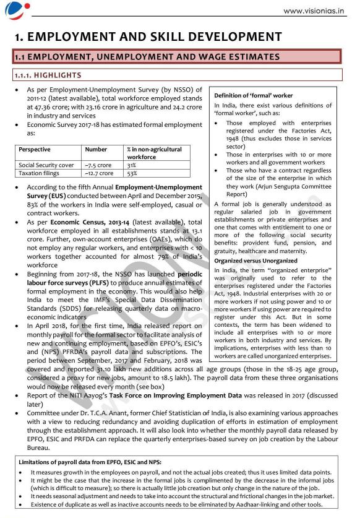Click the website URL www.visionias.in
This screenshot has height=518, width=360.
[x=314, y=11]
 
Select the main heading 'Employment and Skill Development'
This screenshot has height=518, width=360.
[x=148, y=37]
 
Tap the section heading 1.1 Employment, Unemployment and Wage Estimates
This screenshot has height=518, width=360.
[x=147, y=57]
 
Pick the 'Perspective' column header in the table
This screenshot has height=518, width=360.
[x=35, y=149]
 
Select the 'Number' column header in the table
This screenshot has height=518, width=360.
[x=96, y=149]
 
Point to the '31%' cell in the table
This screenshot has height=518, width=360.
[x=132, y=165]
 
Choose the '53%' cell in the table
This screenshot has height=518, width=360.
[x=132, y=173]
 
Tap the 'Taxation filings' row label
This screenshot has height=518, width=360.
[x=38, y=173]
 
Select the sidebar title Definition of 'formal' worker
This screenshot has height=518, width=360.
[x=253, y=95]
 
